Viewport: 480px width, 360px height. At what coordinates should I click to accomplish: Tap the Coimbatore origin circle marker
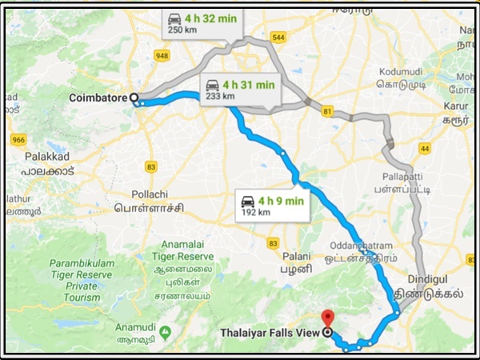[x=134, y=98]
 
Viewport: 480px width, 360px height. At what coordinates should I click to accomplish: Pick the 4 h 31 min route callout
[x=238, y=89]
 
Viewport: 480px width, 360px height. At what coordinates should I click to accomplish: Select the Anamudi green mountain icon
[x=165, y=330]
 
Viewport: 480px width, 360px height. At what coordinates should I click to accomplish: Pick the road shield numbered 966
[x=18, y=139]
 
